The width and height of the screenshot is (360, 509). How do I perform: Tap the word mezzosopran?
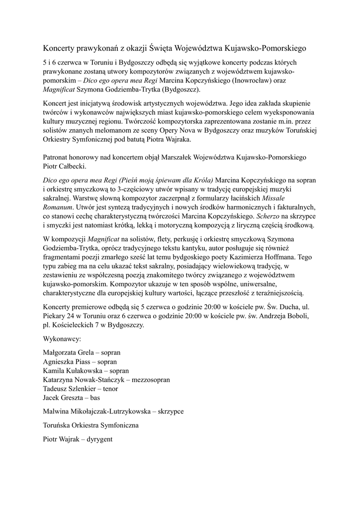tap(151, 379)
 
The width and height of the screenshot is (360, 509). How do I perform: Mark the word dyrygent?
tap(99, 439)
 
